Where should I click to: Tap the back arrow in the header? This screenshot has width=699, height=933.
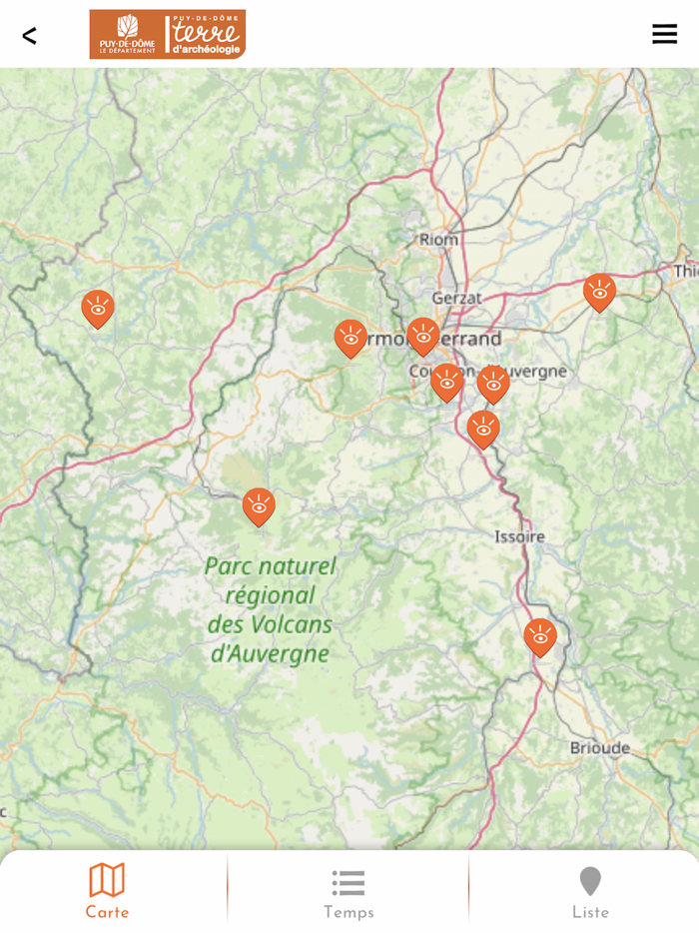coord(29,36)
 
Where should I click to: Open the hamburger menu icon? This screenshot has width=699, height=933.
coord(664,34)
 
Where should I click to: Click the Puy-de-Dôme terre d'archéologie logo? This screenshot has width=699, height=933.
coord(167,35)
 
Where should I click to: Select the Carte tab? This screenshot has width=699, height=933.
coord(107,892)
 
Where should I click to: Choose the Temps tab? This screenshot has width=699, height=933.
coord(349,892)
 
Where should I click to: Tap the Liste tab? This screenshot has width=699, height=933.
coord(590,892)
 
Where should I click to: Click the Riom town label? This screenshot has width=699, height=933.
coord(438,240)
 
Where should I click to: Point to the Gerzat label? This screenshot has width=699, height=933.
coord(456,298)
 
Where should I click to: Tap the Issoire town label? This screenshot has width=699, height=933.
coord(520,536)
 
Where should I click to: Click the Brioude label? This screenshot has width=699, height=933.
coord(600,747)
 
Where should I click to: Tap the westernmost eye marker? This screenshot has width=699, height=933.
coord(98,308)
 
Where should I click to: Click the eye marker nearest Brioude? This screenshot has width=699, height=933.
coord(540,636)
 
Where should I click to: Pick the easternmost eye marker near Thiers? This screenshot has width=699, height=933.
coord(599,292)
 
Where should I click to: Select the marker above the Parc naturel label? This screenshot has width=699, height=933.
coord(259,506)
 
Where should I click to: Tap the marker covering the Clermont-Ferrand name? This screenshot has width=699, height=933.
coord(423,336)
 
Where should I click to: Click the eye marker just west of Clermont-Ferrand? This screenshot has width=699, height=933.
coord(350,338)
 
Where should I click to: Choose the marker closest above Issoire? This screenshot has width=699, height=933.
coord(483,429)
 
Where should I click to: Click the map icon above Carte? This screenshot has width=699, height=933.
coord(107,880)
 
